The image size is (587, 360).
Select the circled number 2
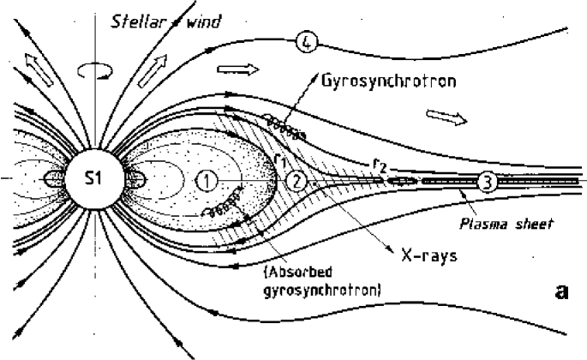coord(296,181)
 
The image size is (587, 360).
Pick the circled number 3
coord(486,181)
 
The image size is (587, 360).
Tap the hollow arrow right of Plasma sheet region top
coord(443,114)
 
